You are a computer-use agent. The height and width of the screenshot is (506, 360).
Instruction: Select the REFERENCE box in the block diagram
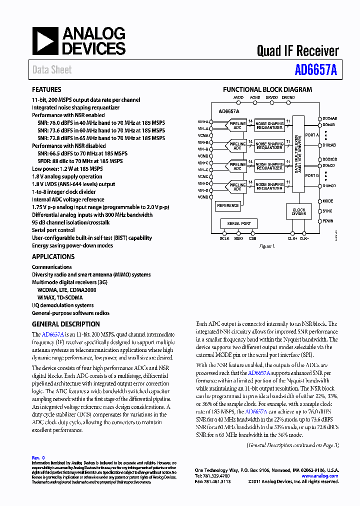pos(228,205)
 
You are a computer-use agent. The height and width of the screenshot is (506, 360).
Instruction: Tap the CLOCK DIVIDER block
pos(299,212)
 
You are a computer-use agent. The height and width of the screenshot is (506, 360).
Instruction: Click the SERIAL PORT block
pos(239,223)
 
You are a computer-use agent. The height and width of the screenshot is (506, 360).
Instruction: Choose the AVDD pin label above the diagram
pos(238,97)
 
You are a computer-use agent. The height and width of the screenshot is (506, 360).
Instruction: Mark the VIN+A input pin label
pos(203,121)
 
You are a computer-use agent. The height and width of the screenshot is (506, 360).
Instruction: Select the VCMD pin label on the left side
pos(203,197)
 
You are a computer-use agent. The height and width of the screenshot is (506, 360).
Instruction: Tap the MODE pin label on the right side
pos(328,201)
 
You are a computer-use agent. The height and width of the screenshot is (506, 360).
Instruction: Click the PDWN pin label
pos(328,221)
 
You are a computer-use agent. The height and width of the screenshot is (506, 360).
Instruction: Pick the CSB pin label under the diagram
pos(252,239)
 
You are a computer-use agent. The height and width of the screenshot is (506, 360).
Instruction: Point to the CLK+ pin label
pos(292,239)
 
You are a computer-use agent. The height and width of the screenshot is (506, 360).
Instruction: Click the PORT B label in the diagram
pos(311,175)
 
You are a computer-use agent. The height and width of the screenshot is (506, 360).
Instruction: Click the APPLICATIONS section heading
pos(53,256)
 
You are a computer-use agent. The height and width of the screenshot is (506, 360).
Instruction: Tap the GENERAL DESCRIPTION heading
pos(65,324)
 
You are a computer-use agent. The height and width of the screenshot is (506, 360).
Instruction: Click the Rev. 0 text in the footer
pos(38,457)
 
